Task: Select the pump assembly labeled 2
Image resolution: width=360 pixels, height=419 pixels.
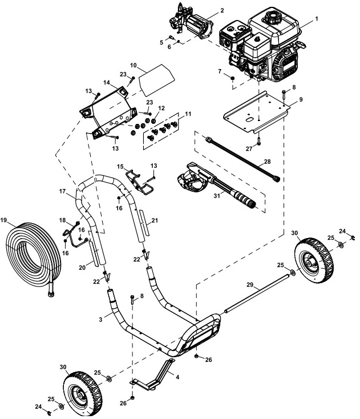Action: click(x=191, y=23)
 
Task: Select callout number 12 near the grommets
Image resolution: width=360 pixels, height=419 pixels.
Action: click(x=161, y=107)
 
